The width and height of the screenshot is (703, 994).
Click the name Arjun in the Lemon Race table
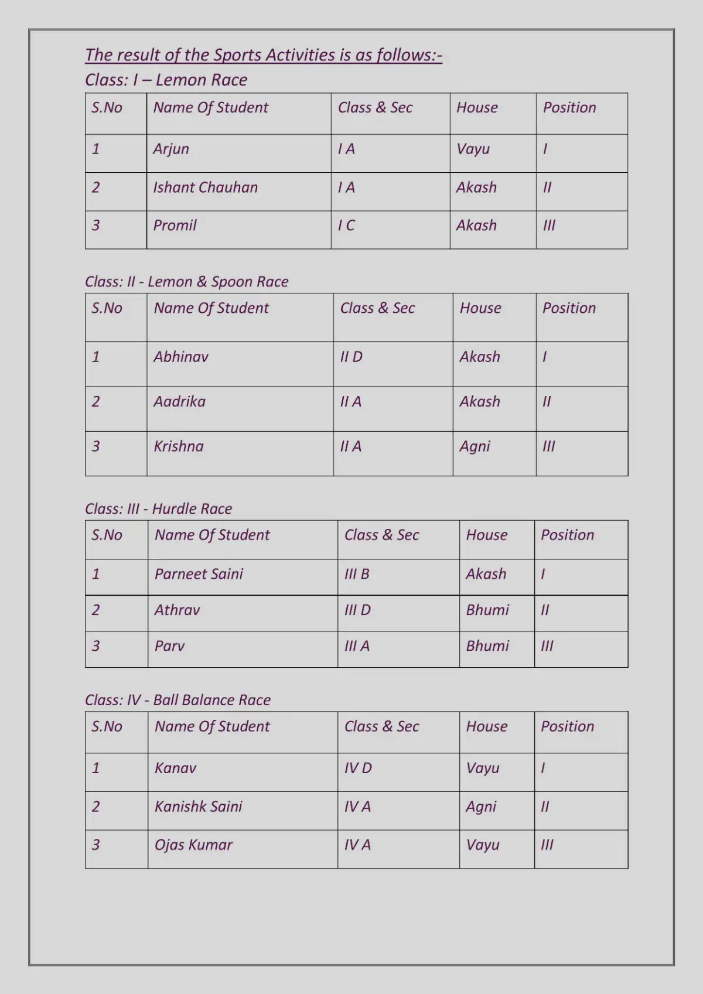171,149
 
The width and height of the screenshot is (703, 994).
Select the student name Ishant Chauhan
205,187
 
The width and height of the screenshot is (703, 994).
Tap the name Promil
175,226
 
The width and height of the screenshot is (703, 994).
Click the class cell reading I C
346,226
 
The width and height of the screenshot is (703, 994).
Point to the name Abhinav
180,357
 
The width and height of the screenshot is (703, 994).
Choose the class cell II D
351,357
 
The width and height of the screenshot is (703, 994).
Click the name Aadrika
179,402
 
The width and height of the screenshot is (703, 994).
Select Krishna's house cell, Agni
475,447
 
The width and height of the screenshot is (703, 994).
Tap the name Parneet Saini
199,574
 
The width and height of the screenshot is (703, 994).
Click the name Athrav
177,610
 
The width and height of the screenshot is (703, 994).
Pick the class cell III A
357,646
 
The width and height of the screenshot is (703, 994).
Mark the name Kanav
175,768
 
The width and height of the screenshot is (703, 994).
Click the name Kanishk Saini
198,807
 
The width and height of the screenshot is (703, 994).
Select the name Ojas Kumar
193,845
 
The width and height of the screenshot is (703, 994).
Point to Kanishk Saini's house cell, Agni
481,807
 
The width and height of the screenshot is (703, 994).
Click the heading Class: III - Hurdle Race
158,508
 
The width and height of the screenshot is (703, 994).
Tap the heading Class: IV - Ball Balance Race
178,700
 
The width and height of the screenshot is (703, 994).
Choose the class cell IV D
358,768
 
